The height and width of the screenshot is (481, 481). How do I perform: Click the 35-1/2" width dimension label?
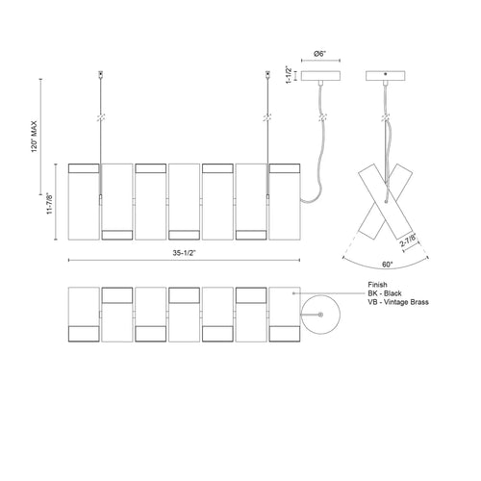(x=184, y=253)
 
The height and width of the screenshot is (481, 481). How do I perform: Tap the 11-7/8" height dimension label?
(x=50, y=203)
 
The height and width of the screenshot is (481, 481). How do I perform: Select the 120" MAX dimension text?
(x=35, y=137)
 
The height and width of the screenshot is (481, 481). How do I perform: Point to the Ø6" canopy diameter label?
(x=320, y=54)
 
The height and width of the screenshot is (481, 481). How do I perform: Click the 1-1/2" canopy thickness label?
(x=289, y=75)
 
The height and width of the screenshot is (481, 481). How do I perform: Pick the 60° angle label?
(x=387, y=265)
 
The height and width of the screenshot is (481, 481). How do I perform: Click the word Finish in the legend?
(x=377, y=285)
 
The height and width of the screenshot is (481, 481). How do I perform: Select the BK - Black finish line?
(x=385, y=293)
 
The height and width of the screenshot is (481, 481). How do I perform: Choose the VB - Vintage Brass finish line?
(x=398, y=302)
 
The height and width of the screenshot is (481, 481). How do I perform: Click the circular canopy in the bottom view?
(x=320, y=315)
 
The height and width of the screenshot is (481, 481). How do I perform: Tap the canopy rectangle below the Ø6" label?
(x=320, y=76)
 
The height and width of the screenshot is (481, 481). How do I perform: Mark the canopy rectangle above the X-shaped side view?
(x=386, y=76)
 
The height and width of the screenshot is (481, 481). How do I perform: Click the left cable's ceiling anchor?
(x=101, y=74)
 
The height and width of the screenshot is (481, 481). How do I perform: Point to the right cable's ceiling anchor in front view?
(x=267, y=74)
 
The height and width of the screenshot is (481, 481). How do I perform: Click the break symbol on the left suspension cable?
(x=101, y=117)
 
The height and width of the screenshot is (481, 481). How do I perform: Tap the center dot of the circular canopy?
(x=320, y=315)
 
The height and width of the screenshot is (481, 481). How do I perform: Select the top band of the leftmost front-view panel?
(x=84, y=168)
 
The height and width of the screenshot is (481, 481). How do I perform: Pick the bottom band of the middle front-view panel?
(x=185, y=235)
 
